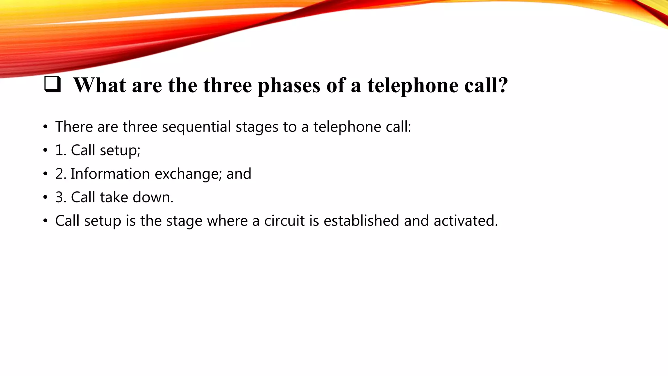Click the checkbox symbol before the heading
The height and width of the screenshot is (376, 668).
point(52,84)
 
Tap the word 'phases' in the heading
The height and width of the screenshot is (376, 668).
point(289,86)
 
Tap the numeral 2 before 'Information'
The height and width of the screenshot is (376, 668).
point(60,174)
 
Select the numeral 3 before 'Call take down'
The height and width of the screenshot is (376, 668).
point(60,197)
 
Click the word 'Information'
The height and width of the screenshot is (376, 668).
point(110,174)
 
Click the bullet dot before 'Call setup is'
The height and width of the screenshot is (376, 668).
point(45,221)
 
